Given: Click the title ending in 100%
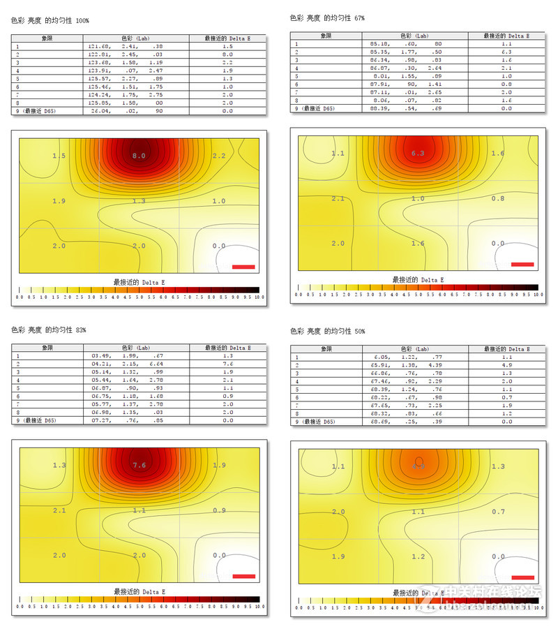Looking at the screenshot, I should coord(50,22).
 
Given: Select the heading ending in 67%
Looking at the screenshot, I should coord(327,17).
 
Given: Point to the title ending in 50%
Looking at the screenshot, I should coord(327,331).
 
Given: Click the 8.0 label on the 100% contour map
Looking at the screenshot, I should coord(139,156).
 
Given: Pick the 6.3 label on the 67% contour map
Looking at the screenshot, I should coord(418,153).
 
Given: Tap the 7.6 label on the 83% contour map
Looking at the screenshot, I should coord(139,465).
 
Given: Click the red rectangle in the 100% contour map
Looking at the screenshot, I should coord(243,266).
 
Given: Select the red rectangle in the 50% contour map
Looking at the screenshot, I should coord(522,577).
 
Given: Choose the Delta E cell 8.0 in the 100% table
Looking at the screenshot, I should coord(227,54).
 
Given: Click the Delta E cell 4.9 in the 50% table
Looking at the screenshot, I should coord(506,364).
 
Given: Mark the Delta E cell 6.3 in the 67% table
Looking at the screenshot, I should coord(506,52).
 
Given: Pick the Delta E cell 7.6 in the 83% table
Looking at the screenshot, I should coord(227,363).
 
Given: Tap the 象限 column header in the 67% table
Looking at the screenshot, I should coord(326,36).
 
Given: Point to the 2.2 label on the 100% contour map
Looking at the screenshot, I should coord(218,156).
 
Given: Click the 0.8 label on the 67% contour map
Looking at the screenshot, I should coord(497,198).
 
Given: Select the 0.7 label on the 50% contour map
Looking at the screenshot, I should coord(497,512).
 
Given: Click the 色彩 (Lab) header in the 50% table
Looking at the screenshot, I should coord(416,348).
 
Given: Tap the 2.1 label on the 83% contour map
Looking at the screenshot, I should coord(59,510).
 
